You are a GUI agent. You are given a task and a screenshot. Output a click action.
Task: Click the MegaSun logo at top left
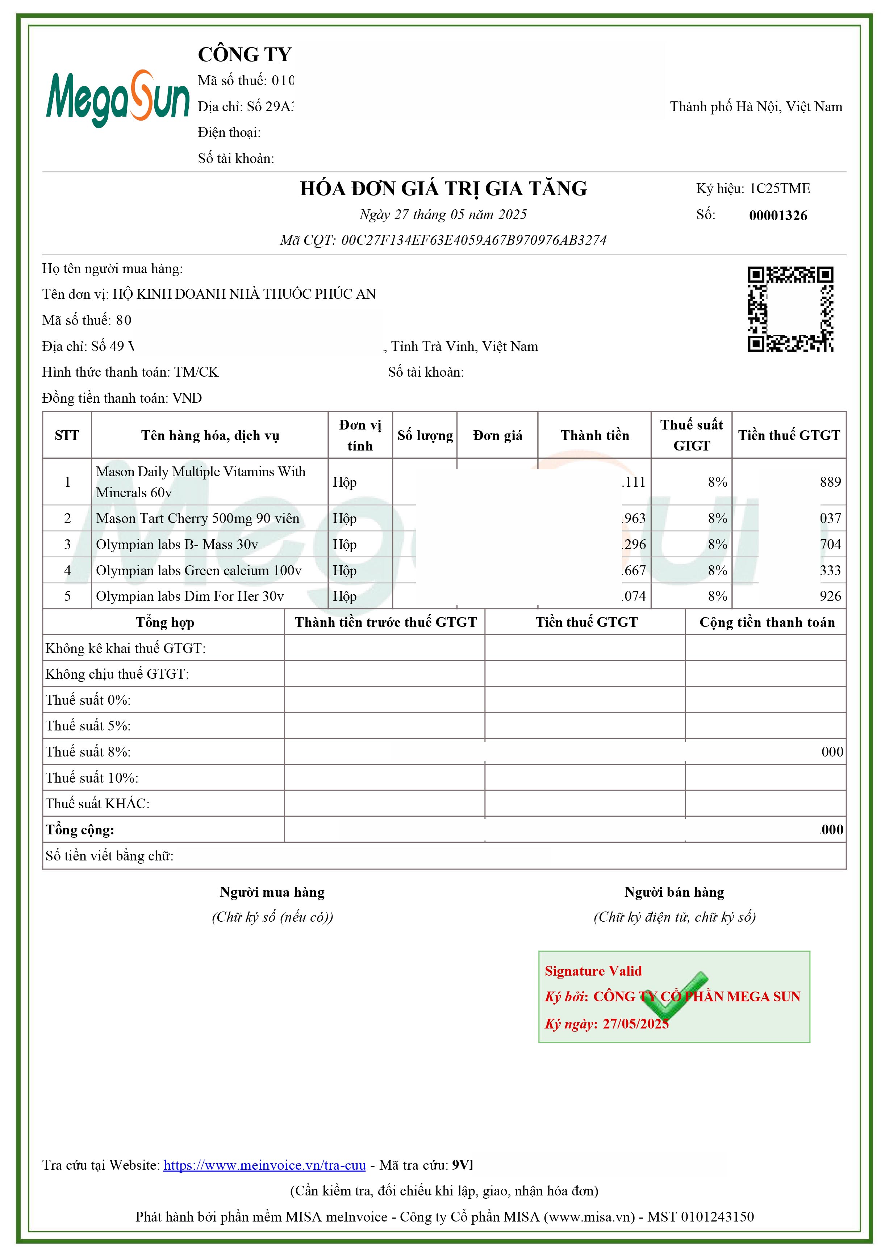click(117, 99)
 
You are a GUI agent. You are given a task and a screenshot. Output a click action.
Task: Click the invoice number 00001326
click(778, 215)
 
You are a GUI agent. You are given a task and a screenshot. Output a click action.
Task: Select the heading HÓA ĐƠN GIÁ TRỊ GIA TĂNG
click(443, 188)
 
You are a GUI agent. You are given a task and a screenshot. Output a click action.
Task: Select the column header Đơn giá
click(497, 436)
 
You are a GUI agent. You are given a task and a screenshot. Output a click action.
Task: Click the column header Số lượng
click(425, 436)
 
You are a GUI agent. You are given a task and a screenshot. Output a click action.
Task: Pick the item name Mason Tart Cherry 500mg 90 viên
click(198, 519)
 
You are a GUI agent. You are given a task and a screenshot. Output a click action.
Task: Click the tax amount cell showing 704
click(830, 544)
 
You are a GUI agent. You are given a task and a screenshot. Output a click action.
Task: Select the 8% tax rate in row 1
click(717, 482)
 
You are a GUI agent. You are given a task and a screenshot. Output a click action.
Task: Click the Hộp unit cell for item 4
click(345, 570)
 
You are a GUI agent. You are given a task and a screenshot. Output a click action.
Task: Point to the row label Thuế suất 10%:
click(92, 778)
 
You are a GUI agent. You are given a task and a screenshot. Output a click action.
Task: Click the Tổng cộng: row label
click(80, 830)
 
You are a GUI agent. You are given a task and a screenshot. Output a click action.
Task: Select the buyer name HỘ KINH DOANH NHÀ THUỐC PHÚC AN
click(244, 294)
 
